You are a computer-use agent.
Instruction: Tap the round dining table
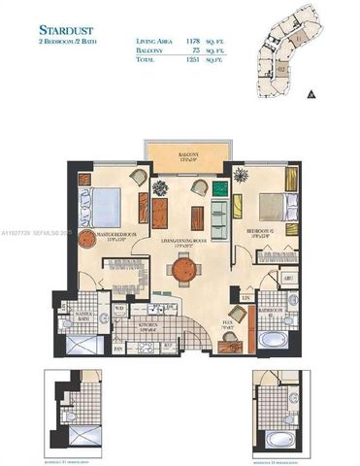point(180,272)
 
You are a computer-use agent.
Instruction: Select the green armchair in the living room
point(217,206)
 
